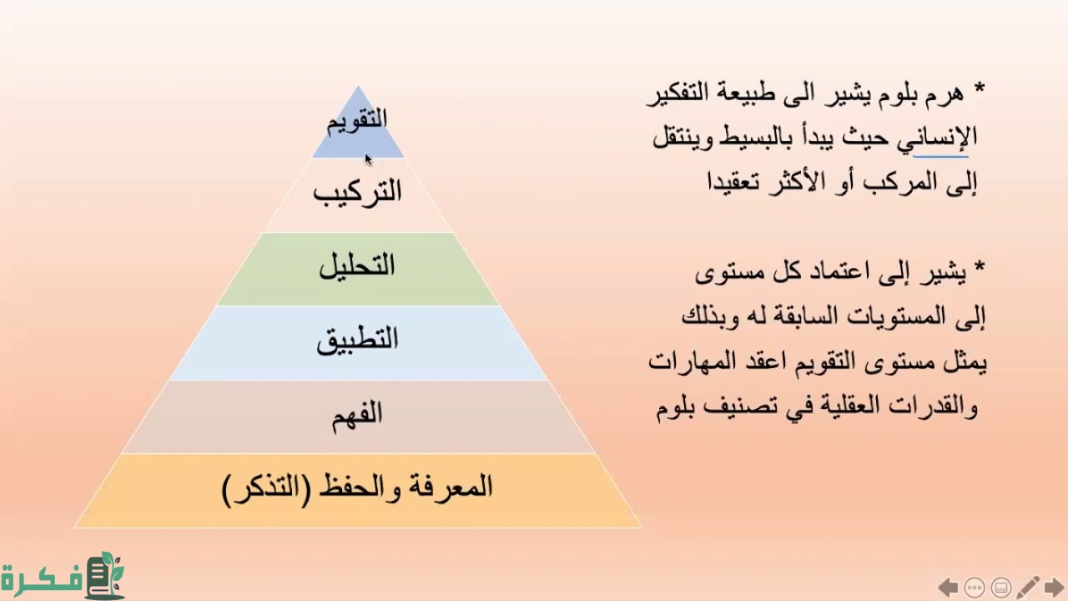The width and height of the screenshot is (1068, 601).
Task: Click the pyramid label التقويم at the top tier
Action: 356,122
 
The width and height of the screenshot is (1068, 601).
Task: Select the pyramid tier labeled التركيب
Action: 357,194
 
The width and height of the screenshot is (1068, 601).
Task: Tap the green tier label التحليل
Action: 357,266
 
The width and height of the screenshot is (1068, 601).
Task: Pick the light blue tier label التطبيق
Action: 357,341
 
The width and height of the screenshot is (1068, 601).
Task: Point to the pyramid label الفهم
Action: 357,415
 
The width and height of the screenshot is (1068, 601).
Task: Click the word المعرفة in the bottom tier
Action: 450,487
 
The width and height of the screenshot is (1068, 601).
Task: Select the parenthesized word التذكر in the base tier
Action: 266,489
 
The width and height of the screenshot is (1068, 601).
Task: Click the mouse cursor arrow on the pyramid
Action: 369,159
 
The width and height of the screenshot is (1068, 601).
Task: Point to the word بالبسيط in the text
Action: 747,138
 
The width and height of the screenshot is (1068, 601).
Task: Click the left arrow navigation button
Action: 948,588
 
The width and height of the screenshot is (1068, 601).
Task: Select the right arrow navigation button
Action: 1054,588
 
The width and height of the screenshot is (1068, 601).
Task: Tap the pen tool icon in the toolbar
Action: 1027,588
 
